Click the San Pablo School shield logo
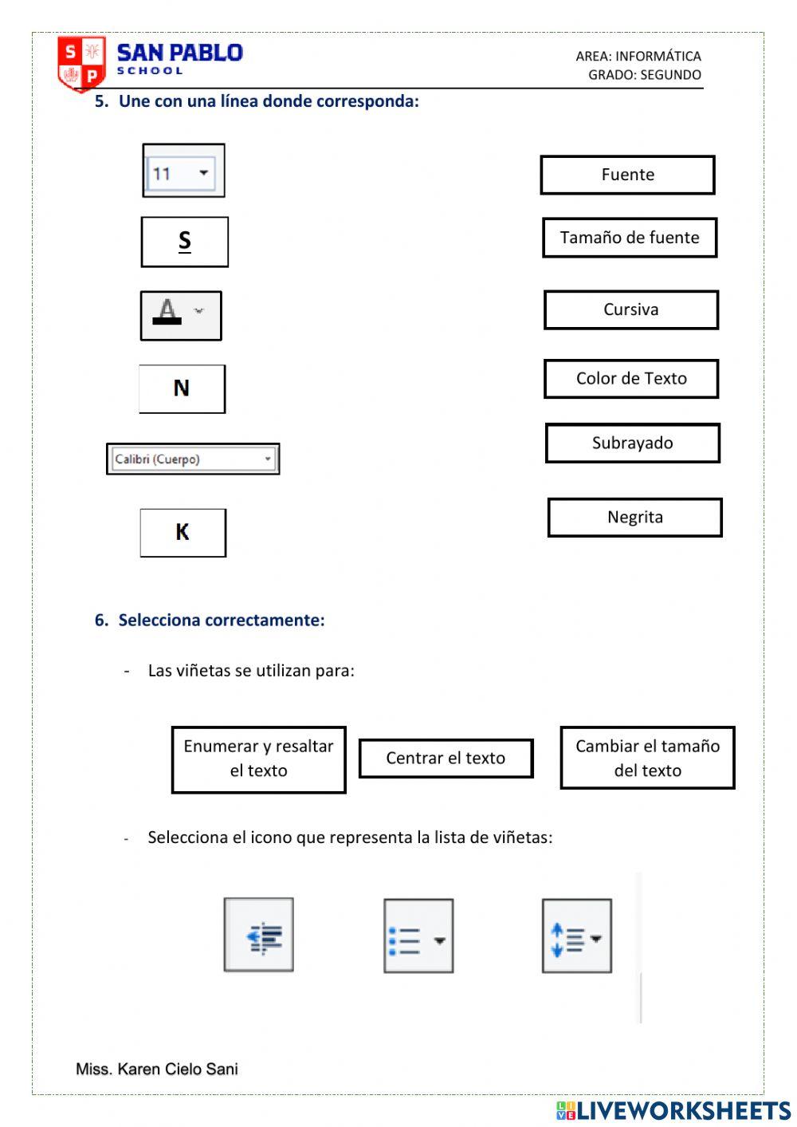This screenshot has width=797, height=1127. pyautogui.click(x=81, y=63)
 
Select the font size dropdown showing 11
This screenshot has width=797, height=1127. pyautogui.click(x=183, y=171)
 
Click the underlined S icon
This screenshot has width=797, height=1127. pyautogui.click(x=184, y=242)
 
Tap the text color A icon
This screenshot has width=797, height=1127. pyautogui.click(x=180, y=316)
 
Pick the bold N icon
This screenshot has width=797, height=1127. pyautogui.click(x=182, y=388)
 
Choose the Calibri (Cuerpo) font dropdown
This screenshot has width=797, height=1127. pyautogui.click(x=193, y=459)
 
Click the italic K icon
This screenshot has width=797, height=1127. pyautogui.click(x=183, y=533)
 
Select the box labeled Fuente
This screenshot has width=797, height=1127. pyautogui.click(x=627, y=175)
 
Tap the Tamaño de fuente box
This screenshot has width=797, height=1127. pyautogui.click(x=630, y=238)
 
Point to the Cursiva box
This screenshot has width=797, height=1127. pyautogui.click(x=631, y=309)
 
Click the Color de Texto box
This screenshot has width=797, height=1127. pyautogui.click(x=631, y=379)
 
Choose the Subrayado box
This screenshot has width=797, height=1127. pyautogui.click(x=633, y=443)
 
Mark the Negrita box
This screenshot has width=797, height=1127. pyautogui.click(x=634, y=518)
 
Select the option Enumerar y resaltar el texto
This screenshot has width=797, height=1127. pyautogui.click(x=258, y=759)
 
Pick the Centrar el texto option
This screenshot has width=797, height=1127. pyautogui.click(x=446, y=759)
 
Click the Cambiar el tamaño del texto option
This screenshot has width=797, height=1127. pyautogui.click(x=647, y=759)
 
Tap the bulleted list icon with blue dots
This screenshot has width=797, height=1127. pyautogui.click(x=418, y=936)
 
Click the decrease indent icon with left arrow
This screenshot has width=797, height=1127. pyautogui.click(x=259, y=936)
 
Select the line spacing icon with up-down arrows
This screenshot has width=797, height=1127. pyautogui.click(x=577, y=936)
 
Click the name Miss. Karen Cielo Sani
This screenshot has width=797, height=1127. pyautogui.click(x=157, y=1069)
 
